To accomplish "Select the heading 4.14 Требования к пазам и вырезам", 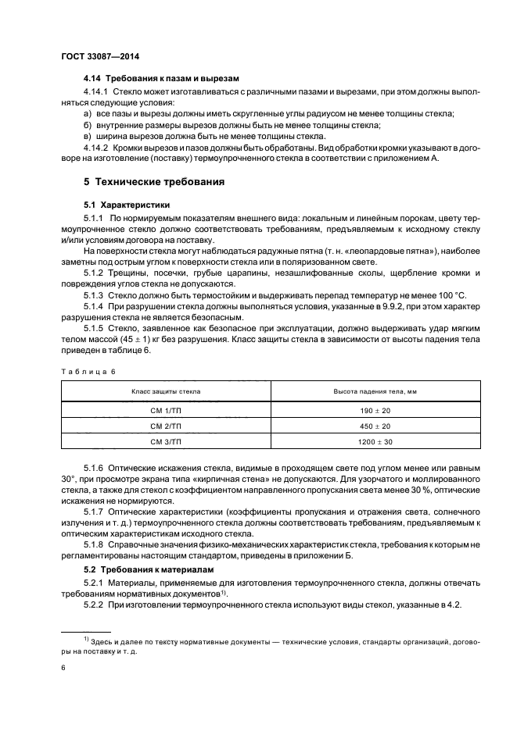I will (x=160, y=79).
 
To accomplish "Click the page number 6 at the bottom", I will (x=63, y=669).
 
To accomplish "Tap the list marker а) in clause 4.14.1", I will (x=87, y=114).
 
